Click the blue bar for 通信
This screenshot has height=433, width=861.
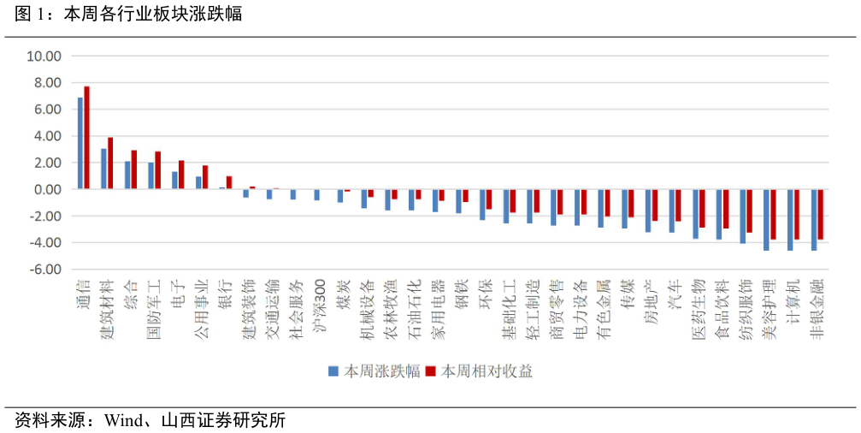click(x=80, y=144)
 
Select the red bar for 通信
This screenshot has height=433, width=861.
click(x=86, y=138)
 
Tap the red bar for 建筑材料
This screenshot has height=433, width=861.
click(x=110, y=163)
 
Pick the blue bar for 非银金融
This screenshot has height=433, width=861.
click(x=814, y=220)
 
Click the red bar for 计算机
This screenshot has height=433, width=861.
click(x=797, y=214)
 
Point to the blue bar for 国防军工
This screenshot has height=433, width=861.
click(x=151, y=175)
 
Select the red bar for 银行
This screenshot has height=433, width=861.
click(x=228, y=182)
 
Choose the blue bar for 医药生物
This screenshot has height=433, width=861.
click(x=696, y=214)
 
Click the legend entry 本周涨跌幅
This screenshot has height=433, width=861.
click(x=374, y=371)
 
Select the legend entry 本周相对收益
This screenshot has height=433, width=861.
click(x=479, y=371)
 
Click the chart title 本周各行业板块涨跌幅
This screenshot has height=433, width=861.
click(x=153, y=14)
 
